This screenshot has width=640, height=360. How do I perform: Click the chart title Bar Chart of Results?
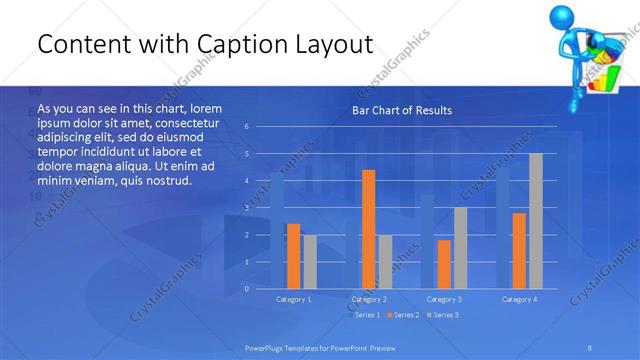pyautogui.click(x=401, y=110)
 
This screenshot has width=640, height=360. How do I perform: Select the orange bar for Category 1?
pyautogui.click(x=293, y=256)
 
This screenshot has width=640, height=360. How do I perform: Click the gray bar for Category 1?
pyautogui.click(x=309, y=262)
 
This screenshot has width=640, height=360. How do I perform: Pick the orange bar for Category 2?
pyautogui.click(x=368, y=229)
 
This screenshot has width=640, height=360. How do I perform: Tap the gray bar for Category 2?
pyautogui.click(x=384, y=262)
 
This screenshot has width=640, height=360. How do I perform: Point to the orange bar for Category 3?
pyautogui.click(x=444, y=264)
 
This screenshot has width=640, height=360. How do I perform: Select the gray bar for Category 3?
pyautogui.click(x=460, y=248)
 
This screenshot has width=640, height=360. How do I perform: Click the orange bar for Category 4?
pyautogui.click(x=519, y=251)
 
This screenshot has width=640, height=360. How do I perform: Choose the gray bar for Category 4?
pyautogui.click(x=535, y=221)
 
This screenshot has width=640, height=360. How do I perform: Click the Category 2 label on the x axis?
pyautogui.click(x=369, y=299)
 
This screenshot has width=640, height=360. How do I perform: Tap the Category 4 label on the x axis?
pyautogui.click(x=519, y=299)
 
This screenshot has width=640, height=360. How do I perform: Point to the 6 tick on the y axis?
pyautogui.click(x=247, y=127)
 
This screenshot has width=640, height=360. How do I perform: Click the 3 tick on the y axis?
pyautogui.click(x=247, y=208)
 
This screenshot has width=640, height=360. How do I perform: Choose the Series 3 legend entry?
pyautogui.click(x=443, y=315)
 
